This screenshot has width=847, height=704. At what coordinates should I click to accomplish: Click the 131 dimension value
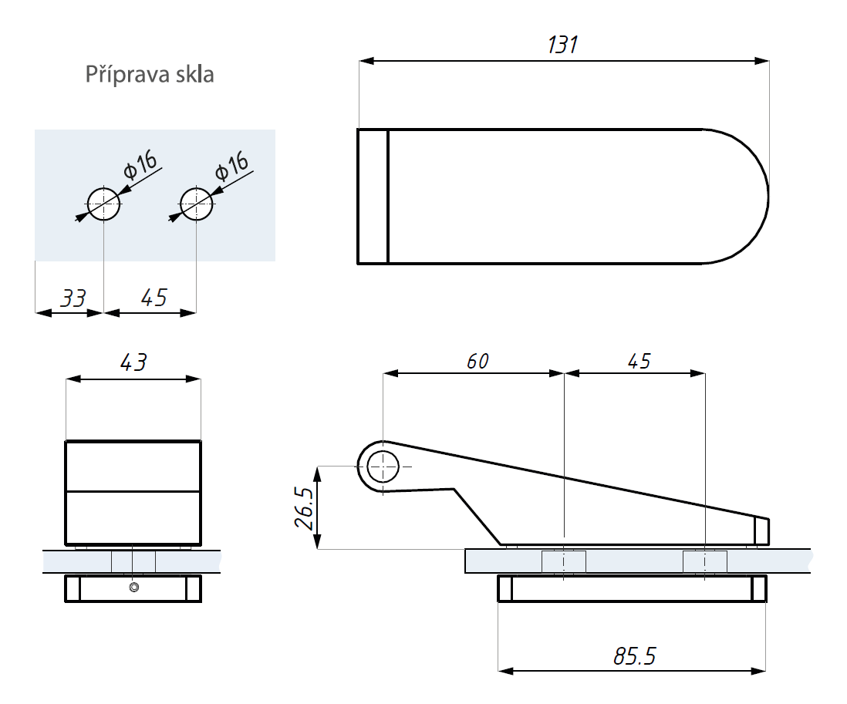pyautogui.click(x=562, y=45)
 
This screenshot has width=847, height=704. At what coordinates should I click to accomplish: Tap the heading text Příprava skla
pyautogui.click(x=150, y=75)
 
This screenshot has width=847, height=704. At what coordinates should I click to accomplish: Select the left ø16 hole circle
pyautogui.click(x=103, y=204)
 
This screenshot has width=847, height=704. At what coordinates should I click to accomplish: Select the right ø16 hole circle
pyautogui.click(x=196, y=204)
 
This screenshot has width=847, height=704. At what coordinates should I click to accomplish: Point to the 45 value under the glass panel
pyautogui.click(x=154, y=298)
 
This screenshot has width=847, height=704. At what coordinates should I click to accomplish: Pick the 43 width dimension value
pyautogui.click(x=133, y=363)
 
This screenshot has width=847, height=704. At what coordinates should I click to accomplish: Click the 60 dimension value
pyautogui.click(x=477, y=361)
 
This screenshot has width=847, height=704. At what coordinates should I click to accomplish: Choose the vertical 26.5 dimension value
pyautogui.click(x=305, y=507)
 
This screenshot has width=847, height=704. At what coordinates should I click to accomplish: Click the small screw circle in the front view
pyautogui.click(x=134, y=588)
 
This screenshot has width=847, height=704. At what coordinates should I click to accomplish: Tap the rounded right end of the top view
pyautogui.click(x=741, y=196)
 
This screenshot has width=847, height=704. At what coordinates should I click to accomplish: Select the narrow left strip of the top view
pyautogui.click(x=373, y=196)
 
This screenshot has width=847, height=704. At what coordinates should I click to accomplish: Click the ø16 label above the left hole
pyautogui.click(x=141, y=165)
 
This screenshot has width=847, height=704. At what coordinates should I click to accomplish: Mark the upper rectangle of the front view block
pyautogui.click(x=133, y=466)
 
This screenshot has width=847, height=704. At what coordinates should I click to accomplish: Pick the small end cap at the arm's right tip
pyautogui.click(x=761, y=531)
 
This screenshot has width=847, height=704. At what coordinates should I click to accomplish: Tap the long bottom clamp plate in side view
pyautogui.click(x=633, y=588)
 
